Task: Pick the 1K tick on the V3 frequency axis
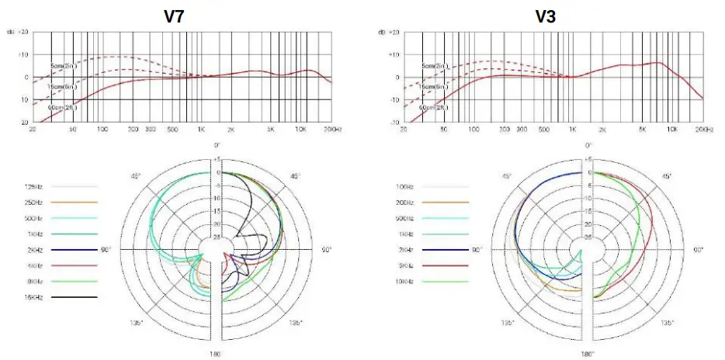point(572,130)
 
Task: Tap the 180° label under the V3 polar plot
point(588,353)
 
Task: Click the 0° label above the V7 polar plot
point(217,145)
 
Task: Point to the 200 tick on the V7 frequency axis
point(132,130)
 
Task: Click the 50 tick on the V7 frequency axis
point(72,130)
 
